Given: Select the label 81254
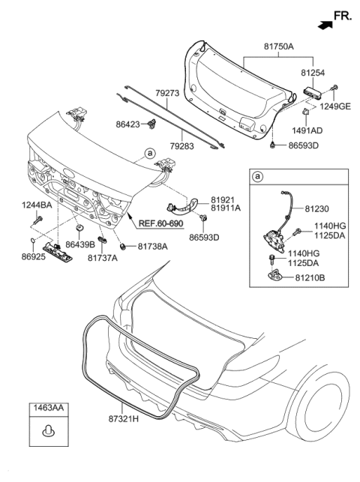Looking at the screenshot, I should pyautogui.click(x=316, y=73).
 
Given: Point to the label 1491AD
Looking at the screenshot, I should pyautogui.click(x=319, y=130).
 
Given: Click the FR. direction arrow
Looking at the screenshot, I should pyautogui.click(x=325, y=24).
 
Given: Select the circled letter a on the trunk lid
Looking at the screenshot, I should pyautogui.click(x=150, y=153).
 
